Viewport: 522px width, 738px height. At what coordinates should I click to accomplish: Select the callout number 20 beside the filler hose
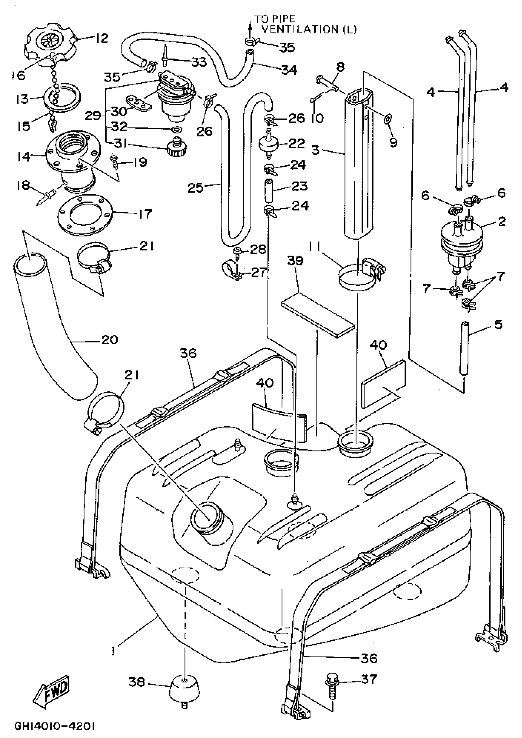[x=110, y=339]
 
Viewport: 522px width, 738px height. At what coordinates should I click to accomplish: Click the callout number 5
[x=498, y=325]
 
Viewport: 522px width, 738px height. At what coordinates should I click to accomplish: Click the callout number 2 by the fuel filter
[x=502, y=221]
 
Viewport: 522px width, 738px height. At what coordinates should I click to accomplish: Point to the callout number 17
[x=145, y=214]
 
